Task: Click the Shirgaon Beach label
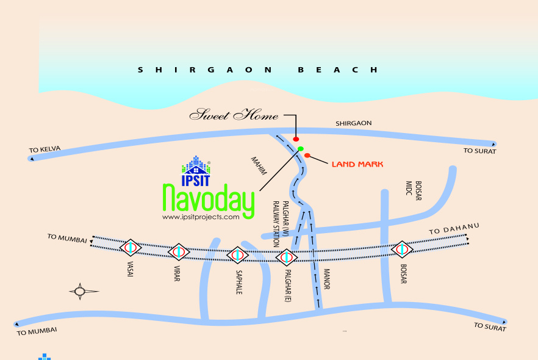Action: pos(257,70)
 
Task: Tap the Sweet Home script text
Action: pos(234,115)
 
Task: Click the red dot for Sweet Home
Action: pos(296,140)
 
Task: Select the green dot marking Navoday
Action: pos(301,149)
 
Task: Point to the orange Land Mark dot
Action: pos(307,156)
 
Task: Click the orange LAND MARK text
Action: pos(357,164)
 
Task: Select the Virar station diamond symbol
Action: pos(179,251)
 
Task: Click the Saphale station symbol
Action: pos(237,255)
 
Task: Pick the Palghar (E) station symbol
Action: pos(286,257)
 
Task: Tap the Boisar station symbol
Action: pos(401,249)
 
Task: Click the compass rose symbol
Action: pos(80,291)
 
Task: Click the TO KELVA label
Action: pos(45,149)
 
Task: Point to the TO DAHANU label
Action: pos(454,229)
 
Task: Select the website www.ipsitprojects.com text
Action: pos(201,217)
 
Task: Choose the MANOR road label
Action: pos(326,279)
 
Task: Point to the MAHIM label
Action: pos(259,166)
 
